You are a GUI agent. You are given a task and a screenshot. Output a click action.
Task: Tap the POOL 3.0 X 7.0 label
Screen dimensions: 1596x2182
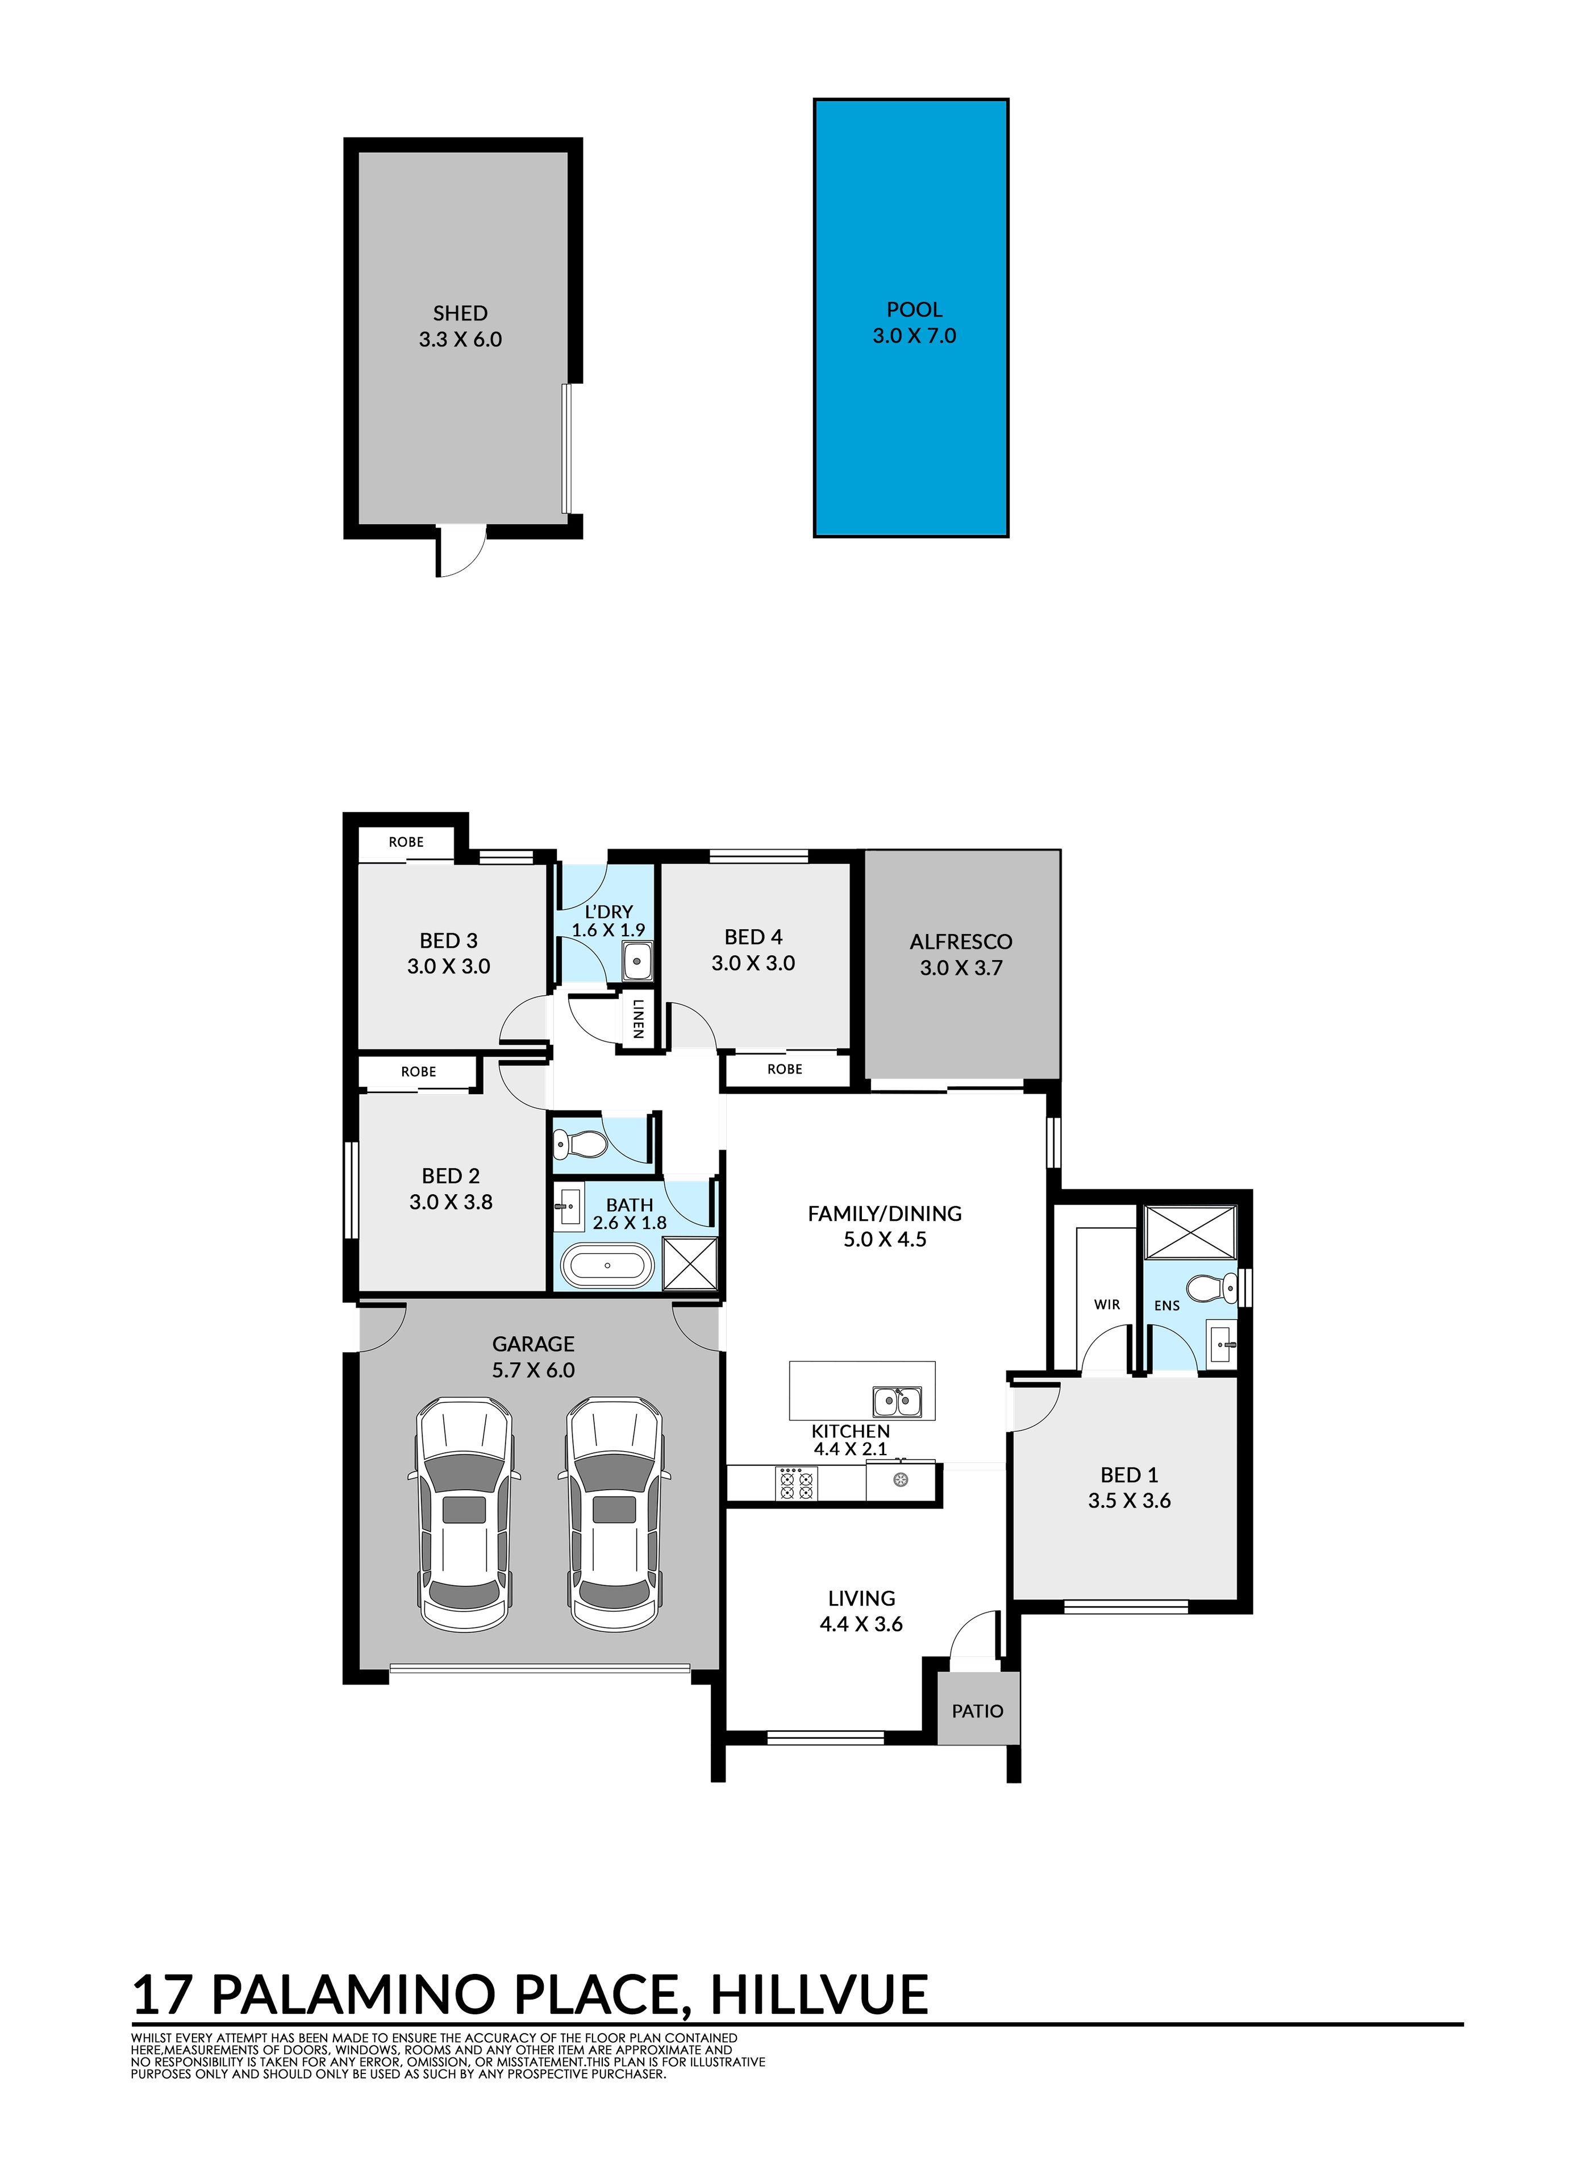(914, 323)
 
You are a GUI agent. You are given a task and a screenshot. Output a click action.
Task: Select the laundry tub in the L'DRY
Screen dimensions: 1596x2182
(637, 962)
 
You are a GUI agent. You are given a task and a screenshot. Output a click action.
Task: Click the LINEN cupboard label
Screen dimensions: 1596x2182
(637, 1020)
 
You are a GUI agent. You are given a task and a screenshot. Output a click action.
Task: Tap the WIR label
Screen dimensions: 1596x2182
(1107, 1304)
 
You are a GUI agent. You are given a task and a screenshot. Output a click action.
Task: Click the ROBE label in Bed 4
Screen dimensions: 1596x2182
(785, 1069)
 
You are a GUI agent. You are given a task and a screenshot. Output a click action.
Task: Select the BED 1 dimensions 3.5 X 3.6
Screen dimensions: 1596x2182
(1130, 1501)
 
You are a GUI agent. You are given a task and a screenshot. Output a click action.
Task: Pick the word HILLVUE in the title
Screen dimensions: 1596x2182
(819, 1996)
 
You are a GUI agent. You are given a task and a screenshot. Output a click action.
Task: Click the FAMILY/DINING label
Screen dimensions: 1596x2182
(885, 1213)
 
